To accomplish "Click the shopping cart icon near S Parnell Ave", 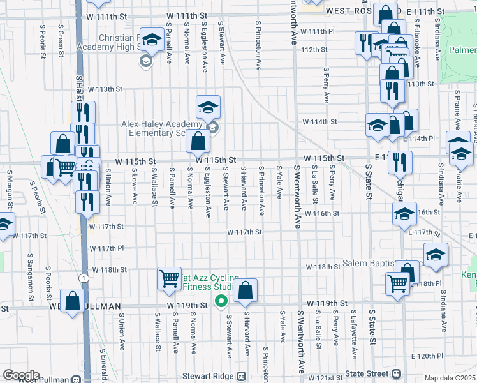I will tap(169, 278).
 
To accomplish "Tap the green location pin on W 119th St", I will tap(221, 301).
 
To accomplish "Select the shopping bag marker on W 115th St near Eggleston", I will tap(198, 141).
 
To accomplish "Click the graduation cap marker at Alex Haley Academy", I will tap(207, 107).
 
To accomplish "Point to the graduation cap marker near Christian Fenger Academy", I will tap(152, 41).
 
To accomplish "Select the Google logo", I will tap(21, 375).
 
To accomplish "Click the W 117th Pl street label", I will tap(106, 248).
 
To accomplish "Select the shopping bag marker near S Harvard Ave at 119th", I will tap(245, 291).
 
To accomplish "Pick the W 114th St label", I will tap(319, 121).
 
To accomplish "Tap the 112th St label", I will tap(314, 49).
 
